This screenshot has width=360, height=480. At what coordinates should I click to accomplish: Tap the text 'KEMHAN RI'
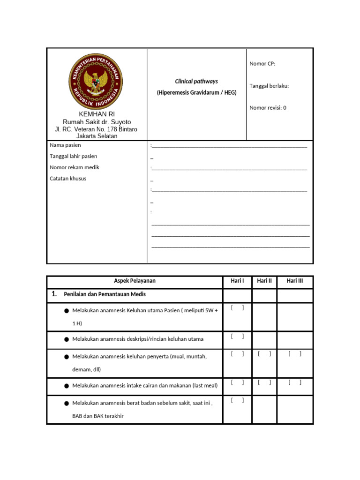(97, 114)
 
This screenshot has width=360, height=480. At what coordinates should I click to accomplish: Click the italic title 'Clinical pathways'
(196, 81)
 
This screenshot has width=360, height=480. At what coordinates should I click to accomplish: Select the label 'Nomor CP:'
(262, 64)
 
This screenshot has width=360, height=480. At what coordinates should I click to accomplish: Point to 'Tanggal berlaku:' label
(269, 86)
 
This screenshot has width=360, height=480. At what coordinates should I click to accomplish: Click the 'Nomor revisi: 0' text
(268, 108)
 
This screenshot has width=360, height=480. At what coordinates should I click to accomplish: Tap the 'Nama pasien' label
(65, 145)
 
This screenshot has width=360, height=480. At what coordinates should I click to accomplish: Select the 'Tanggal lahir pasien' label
(74, 156)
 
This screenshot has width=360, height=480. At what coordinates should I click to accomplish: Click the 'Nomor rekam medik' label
(75, 167)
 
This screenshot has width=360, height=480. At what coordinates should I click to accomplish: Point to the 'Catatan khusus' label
(68, 179)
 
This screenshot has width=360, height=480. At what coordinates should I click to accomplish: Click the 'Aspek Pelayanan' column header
(135, 281)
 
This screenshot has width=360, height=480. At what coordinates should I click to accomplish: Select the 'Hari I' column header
(237, 281)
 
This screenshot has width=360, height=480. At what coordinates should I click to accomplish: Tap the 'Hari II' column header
(264, 281)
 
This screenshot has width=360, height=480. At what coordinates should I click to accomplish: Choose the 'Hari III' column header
(295, 281)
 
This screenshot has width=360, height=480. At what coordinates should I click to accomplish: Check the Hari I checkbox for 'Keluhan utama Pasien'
(237, 307)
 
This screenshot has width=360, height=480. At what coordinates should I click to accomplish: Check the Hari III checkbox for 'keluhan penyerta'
(295, 354)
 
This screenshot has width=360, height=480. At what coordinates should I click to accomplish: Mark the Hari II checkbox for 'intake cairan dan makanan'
(264, 382)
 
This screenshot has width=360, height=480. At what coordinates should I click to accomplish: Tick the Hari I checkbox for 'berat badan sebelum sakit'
(237, 400)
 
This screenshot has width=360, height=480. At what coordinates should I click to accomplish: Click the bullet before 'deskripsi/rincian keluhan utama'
(67, 339)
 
